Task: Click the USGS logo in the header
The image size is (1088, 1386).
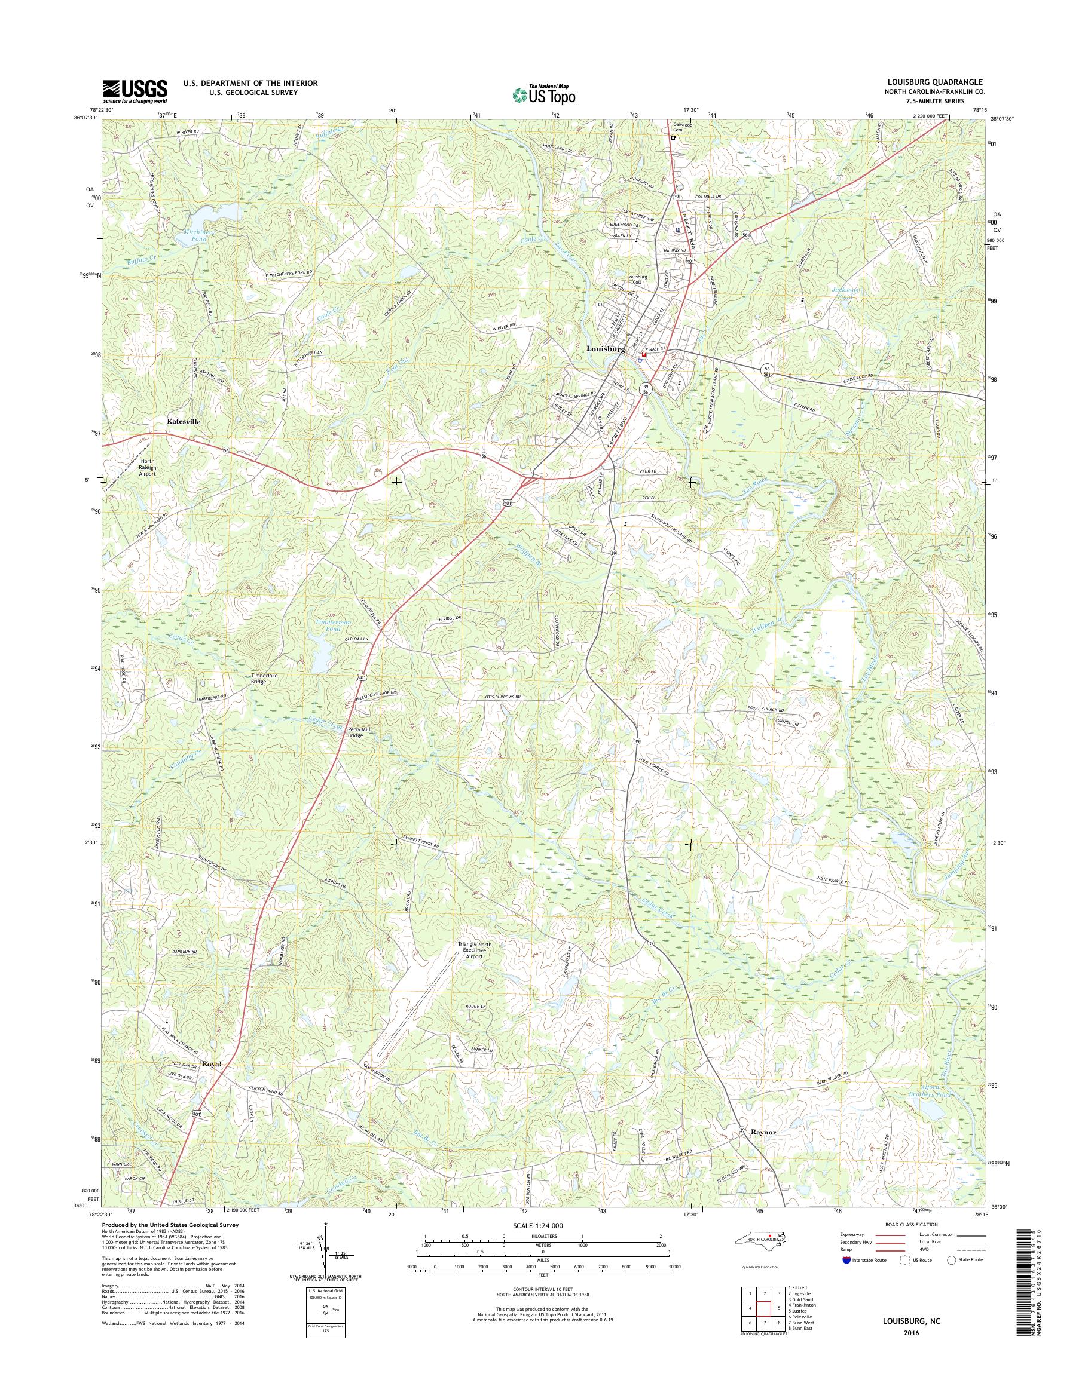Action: coord(135,91)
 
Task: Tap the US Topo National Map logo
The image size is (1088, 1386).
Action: coord(544,94)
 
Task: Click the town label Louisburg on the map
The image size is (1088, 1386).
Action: coord(604,349)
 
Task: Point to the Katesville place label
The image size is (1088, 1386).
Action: coord(187,421)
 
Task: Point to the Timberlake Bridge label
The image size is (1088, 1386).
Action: coord(262,679)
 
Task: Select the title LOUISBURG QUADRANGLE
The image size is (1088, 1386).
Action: coord(935,83)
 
